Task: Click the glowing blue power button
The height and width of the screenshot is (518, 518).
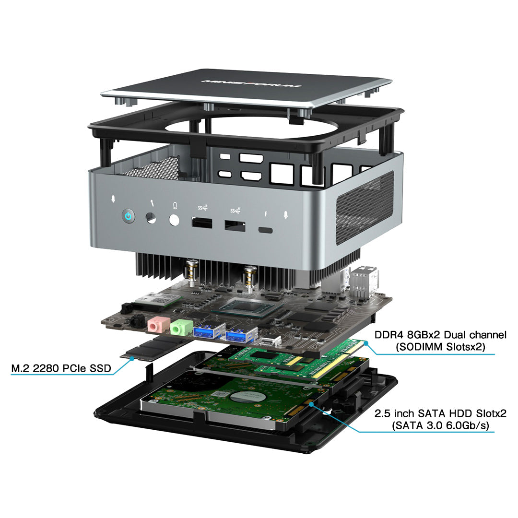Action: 128,216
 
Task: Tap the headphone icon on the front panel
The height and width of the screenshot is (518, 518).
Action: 175,205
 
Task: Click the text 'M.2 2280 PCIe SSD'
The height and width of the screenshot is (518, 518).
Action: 61,368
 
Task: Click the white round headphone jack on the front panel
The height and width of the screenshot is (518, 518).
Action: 174,220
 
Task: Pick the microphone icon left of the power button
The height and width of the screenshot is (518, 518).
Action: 113,199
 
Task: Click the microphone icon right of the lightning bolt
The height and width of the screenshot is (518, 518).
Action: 285,216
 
